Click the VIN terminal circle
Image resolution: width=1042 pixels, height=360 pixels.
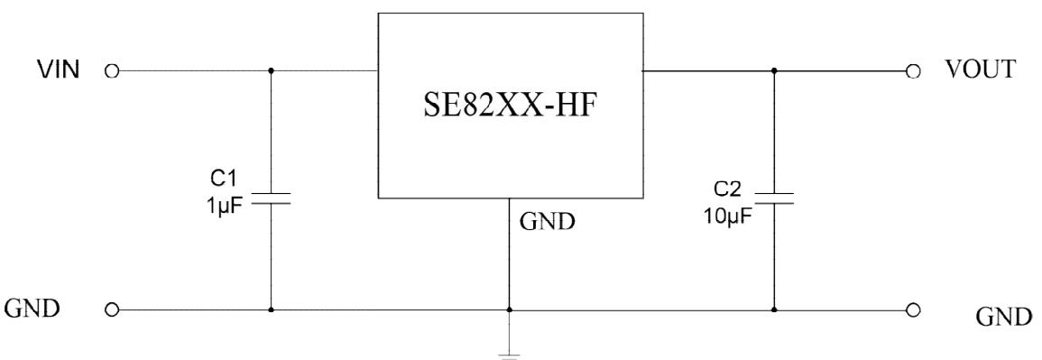112,69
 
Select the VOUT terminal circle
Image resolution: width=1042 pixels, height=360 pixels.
912,69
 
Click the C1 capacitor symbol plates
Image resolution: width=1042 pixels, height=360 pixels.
271,198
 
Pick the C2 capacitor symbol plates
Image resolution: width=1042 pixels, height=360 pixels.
773,198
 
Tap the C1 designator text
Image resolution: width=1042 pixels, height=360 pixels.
221,172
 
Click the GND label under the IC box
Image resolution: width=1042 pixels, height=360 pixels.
548,221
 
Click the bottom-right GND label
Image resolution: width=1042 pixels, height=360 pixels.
1004,317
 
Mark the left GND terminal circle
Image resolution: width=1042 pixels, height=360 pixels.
112,309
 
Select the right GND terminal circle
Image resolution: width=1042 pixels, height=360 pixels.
912,309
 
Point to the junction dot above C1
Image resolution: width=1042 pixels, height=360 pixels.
271,69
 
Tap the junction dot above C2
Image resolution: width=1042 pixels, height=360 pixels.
773,69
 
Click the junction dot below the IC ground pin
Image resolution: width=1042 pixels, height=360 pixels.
510,309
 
